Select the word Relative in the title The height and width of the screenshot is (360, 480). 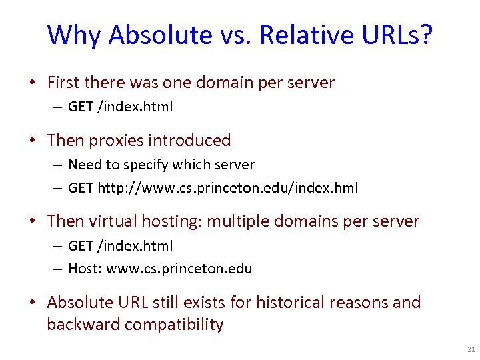click(296, 35)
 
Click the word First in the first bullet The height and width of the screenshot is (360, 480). click(63, 83)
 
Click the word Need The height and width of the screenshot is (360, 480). click(83, 164)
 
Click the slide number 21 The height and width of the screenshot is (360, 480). click(471, 349)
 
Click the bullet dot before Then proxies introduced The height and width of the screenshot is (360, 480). click(31, 141)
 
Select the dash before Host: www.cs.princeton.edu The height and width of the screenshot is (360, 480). click(58, 269)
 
